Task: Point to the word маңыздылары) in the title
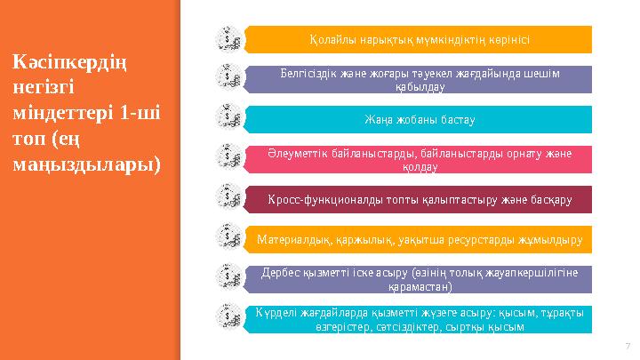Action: click(x=87, y=165)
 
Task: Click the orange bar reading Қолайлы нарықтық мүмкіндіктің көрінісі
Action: click(x=419, y=40)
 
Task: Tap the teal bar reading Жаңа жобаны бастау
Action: click(x=419, y=119)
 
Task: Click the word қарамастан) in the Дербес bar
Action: click(x=420, y=287)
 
